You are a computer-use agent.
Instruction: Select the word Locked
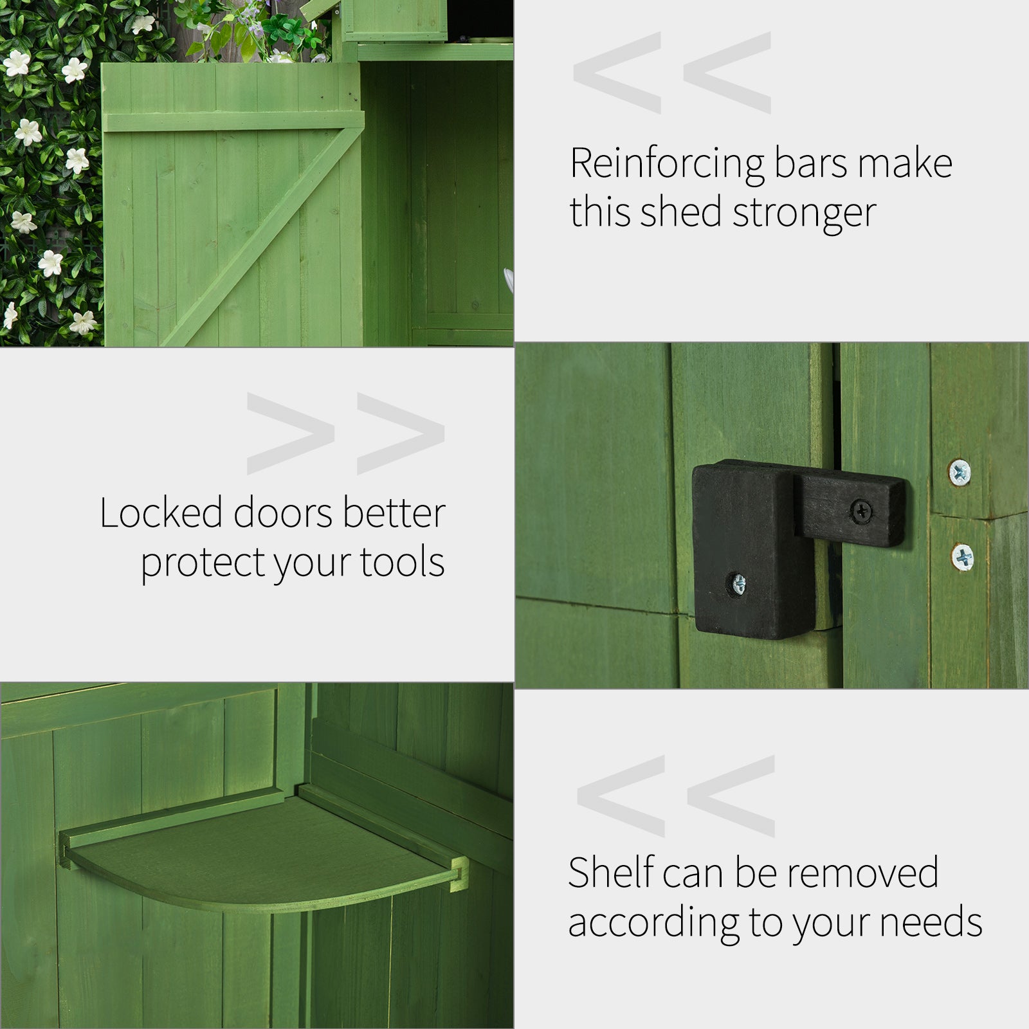click(x=161, y=513)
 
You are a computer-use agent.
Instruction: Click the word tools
click(x=403, y=563)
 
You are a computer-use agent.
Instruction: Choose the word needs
click(x=931, y=922)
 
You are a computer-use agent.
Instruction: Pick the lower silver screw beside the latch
click(x=963, y=556)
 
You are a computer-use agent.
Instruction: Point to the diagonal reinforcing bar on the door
click(x=257, y=238)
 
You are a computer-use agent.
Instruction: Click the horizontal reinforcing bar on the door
click(x=232, y=122)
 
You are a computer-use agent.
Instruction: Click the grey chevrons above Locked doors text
click(x=345, y=434)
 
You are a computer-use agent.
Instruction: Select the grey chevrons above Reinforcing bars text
click(x=672, y=73)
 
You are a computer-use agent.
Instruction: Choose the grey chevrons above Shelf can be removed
click(x=675, y=796)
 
